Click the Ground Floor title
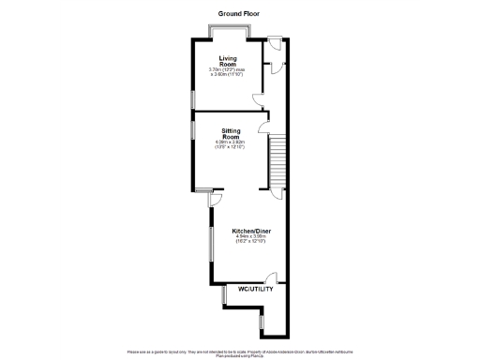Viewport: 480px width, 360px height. coord(238,14)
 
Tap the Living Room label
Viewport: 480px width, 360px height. coord(227,61)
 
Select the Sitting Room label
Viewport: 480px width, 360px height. coord(232,133)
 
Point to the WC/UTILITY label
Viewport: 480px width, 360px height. coord(255,289)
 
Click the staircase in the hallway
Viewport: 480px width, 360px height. coord(278,160)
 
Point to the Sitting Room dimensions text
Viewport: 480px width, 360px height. coord(232,144)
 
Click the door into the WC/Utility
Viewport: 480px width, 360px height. coord(270,278)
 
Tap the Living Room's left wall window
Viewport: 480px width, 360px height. coord(193,99)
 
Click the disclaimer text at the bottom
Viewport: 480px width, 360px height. coord(240,351)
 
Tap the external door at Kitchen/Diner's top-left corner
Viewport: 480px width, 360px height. coord(214,199)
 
